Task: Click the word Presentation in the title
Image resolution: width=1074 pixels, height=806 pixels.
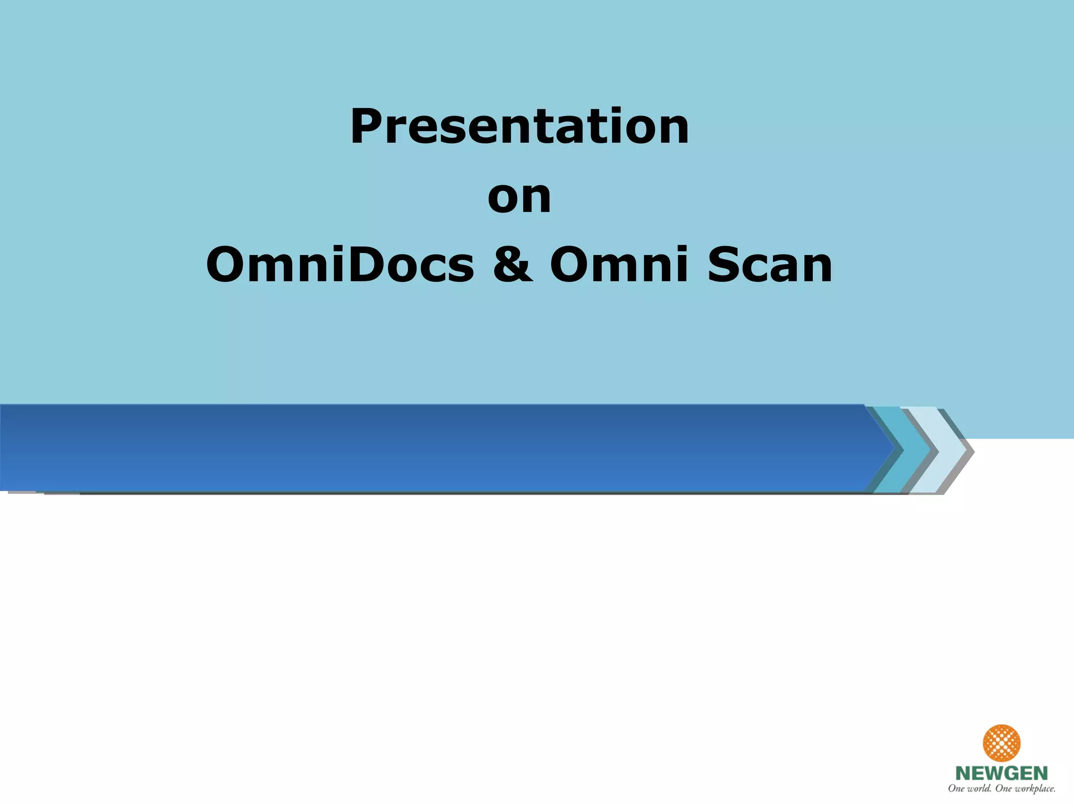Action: coord(519,127)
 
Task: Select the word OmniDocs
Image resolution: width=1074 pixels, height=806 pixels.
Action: coord(340,265)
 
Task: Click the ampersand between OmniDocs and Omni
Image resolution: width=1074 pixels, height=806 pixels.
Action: coord(512,265)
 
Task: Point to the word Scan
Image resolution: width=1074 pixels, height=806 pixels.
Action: coord(769,265)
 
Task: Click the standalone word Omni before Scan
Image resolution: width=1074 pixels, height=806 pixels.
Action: coord(619,265)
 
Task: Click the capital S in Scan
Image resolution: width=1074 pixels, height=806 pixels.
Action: coord(722,265)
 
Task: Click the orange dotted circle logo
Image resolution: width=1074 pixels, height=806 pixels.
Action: coord(1001,743)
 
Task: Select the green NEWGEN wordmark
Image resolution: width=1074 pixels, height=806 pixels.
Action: coord(1001,773)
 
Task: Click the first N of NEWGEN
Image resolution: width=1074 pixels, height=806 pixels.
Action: coord(963,773)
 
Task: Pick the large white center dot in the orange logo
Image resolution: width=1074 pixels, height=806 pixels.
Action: coord(1001,743)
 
